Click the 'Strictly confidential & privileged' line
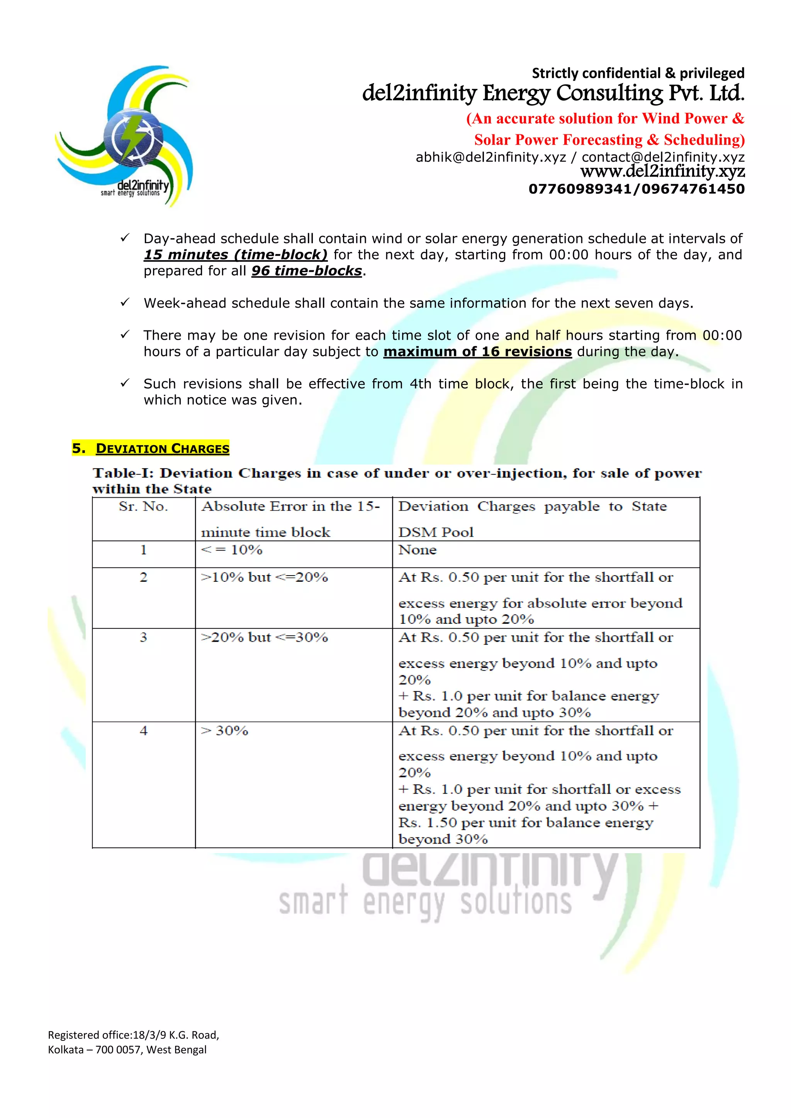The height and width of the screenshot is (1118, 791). (638, 73)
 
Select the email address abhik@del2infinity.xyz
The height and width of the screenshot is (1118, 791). (491, 157)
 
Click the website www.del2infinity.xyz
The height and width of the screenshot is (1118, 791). (662, 171)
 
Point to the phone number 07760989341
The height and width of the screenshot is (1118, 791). (579, 189)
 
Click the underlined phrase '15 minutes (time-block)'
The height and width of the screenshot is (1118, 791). (235, 255)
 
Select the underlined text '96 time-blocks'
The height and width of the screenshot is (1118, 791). (306, 271)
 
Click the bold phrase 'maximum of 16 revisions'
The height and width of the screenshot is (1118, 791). (477, 352)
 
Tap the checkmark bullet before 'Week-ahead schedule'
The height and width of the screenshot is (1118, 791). (125, 302)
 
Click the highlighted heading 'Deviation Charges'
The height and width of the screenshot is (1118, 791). (162, 449)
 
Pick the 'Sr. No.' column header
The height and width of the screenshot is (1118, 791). (143, 507)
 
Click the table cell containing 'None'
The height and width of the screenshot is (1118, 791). (418, 550)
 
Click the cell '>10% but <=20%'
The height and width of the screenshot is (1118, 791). (265, 578)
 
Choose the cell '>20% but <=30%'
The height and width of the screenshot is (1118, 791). (265, 637)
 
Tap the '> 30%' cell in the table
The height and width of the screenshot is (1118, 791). (225, 730)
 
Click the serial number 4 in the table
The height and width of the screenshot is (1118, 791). (143, 730)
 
